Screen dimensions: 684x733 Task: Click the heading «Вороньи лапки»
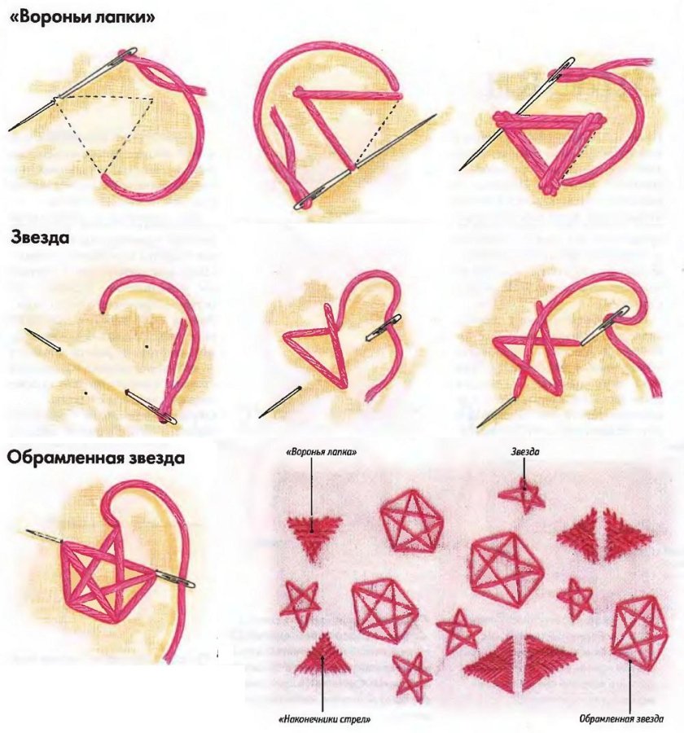coord(82,17)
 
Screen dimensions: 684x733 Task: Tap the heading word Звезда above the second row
coord(40,238)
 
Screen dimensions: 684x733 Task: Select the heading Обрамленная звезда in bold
coord(95,458)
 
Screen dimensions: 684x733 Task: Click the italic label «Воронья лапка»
coord(322,453)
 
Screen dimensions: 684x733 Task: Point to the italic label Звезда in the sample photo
coord(524,451)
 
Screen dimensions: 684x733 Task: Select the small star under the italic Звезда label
coord(523,495)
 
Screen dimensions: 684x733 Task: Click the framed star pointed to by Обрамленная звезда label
coord(639,634)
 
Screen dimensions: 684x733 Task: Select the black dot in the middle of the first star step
coord(146,346)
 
